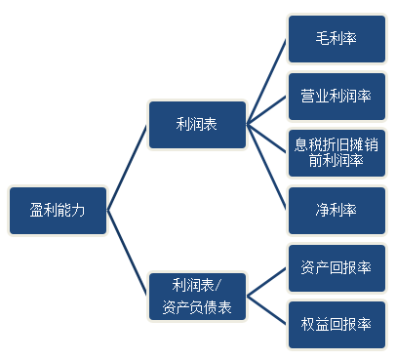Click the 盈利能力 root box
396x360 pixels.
(x=58, y=210)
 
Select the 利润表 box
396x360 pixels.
(x=196, y=124)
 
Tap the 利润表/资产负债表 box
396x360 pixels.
(x=196, y=297)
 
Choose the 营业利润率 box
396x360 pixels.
(x=335, y=97)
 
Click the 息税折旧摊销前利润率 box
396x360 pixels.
(x=335, y=151)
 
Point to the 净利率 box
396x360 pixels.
(x=335, y=208)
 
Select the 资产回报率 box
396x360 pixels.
(x=335, y=266)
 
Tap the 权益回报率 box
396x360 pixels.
(x=335, y=323)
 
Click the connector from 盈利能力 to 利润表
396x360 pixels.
(x=128, y=167)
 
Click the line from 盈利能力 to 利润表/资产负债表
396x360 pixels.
(x=128, y=253)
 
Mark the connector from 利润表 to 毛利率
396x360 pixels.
(x=266, y=83)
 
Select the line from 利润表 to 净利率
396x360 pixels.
(x=266, y=166)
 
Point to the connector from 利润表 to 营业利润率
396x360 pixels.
(x=266, y=110)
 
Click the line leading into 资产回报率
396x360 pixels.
(x=266, y=281)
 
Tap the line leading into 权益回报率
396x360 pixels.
(x=266, y=309)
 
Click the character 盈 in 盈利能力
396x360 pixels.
(x=35, y=210)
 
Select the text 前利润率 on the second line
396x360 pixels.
(x=335, y=160)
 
